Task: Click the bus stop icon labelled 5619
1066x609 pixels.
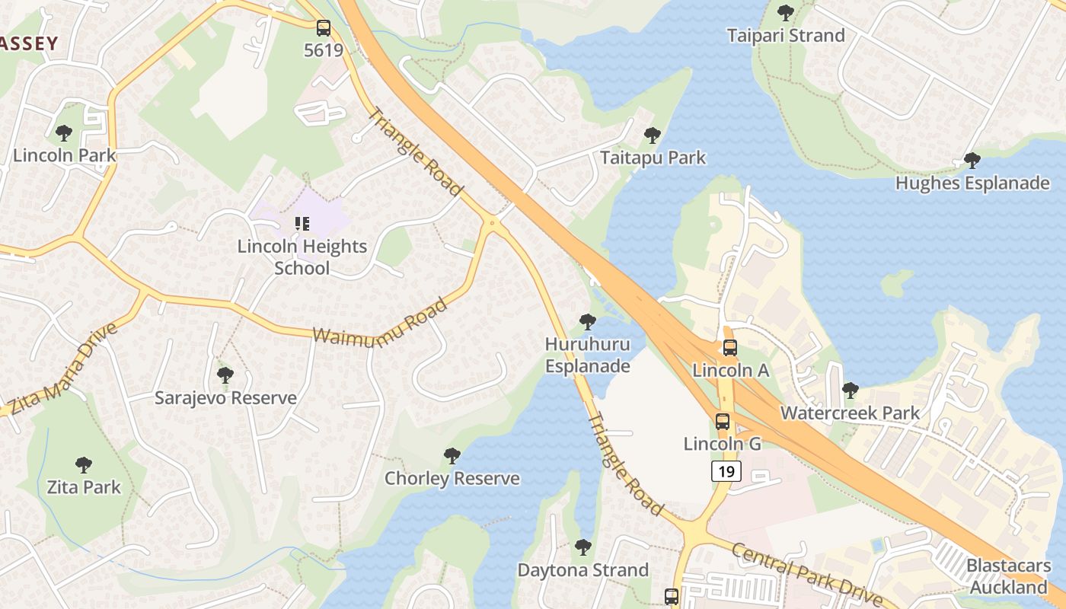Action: (324, 29)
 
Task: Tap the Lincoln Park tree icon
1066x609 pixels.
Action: (64, 133)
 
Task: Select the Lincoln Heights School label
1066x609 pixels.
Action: (302, 257)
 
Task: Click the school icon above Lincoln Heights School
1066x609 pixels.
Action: (302, 224)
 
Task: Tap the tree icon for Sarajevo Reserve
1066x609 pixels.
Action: (225, 375)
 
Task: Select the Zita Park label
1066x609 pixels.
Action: (84, 487)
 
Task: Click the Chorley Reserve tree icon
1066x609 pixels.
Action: (452, 456)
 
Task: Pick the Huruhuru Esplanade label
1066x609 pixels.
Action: (588, 356)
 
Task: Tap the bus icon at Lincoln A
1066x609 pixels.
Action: (729, 348)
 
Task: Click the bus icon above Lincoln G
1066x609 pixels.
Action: (722, 421)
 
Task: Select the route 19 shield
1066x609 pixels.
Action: (726, 471)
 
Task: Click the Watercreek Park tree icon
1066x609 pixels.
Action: (850, 391)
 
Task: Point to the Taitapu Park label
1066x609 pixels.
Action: (653, 158)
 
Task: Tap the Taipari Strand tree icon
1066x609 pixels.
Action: (785, 13)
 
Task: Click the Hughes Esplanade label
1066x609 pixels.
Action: (972, 183)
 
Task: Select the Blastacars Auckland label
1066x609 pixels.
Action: (1008, 576)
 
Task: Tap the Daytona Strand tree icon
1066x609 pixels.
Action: (583, 547)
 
